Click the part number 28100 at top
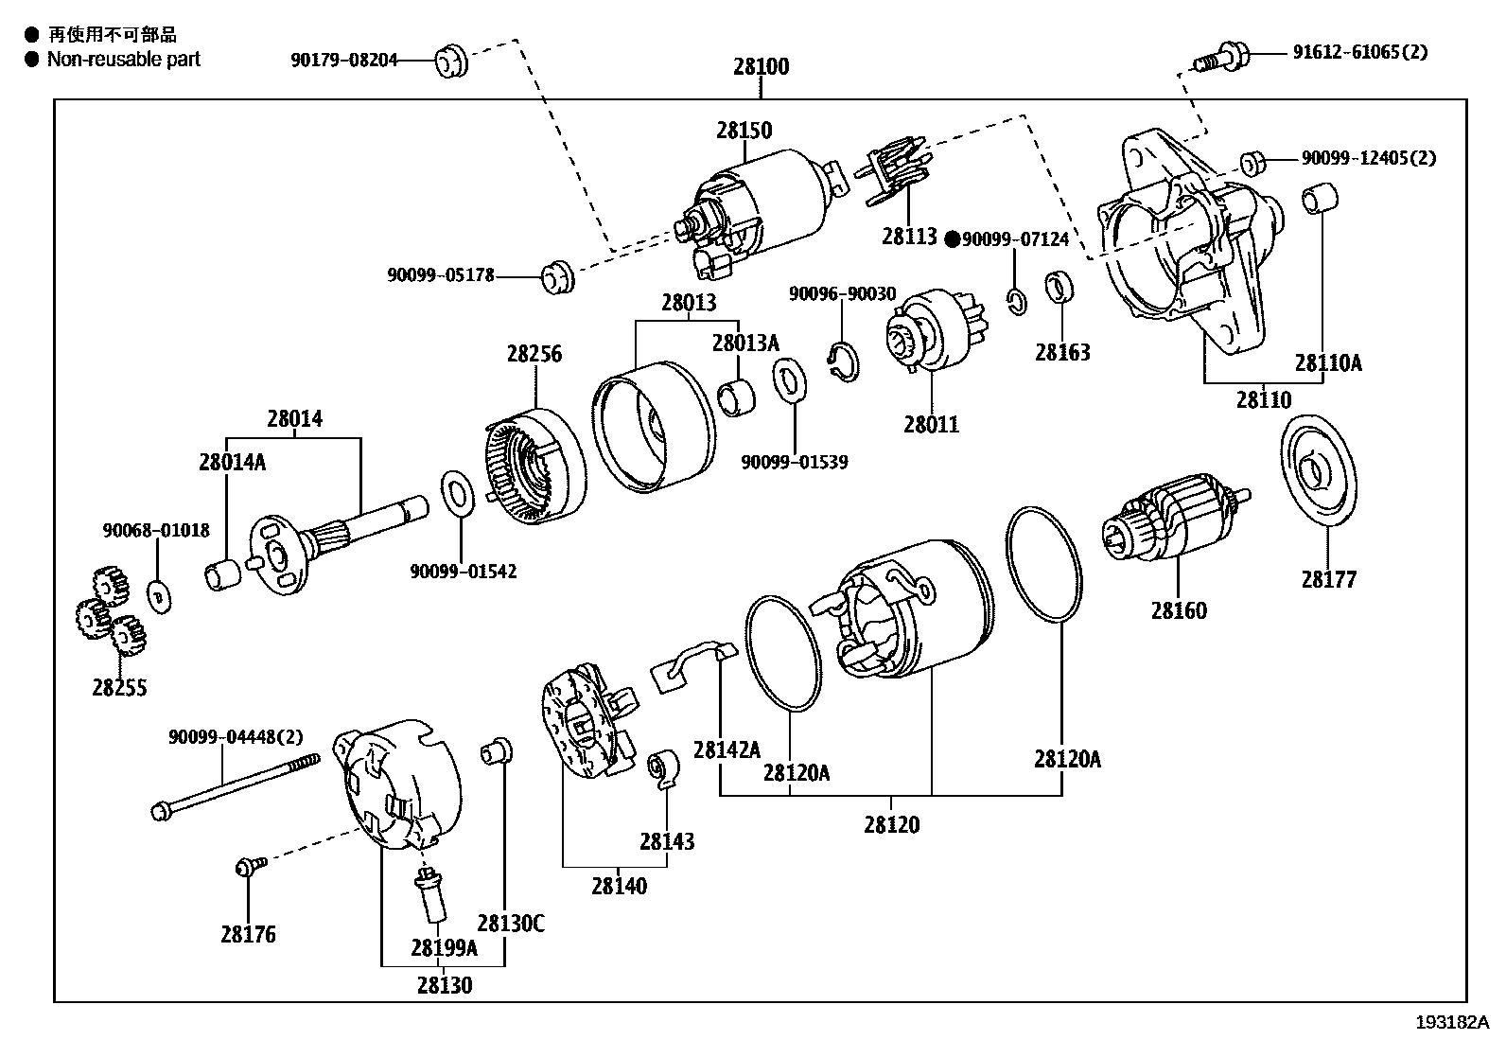coord(761,67)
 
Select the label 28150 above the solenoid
coord(744,131)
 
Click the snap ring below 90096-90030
coord(845,361)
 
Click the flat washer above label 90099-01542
coord(460,493)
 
